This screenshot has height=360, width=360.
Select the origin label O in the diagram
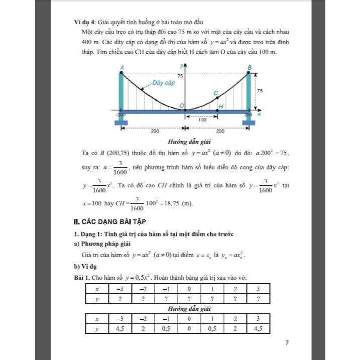pyautogui.click(x=182, y=105)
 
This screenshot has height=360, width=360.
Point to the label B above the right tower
pyautogui.click(x=250, y=67)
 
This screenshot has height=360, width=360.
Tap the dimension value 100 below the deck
pyautogui.click(x=201, y=120)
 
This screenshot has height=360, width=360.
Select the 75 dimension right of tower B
pyautogui.click(x=260, y=91)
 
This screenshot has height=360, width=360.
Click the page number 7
pyautogui.click(x=287, y=343)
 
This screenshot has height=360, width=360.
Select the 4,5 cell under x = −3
pyautogui.click(x=119, y=329)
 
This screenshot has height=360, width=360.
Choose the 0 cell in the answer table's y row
pyautogui.click(x=189, y=329)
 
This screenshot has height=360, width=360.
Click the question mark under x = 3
pyautogui.click(x=258, y=298)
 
